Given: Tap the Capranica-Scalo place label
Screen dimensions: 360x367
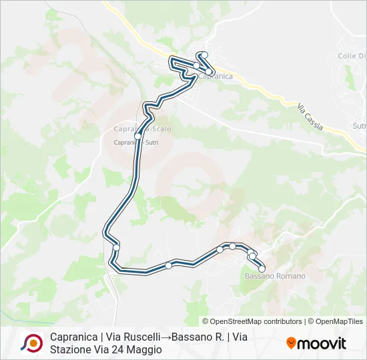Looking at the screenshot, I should point(142,129).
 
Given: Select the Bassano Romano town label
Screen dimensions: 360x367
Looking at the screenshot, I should point(275,276).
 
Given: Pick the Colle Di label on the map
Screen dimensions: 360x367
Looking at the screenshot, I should point(352,56).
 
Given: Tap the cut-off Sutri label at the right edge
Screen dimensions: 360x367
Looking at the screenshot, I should point(359,125).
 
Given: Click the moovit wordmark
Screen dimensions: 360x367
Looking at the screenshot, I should point(322,343).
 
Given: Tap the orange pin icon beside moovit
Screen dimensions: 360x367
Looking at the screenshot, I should point(291,343).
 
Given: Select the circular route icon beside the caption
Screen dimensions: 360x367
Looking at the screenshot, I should point(31,343).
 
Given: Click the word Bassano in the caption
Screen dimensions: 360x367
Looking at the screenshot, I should point(191,337).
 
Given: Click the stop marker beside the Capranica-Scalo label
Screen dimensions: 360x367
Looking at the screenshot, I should point(137,135).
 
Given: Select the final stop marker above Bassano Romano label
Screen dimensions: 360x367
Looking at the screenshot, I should point(262,269).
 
